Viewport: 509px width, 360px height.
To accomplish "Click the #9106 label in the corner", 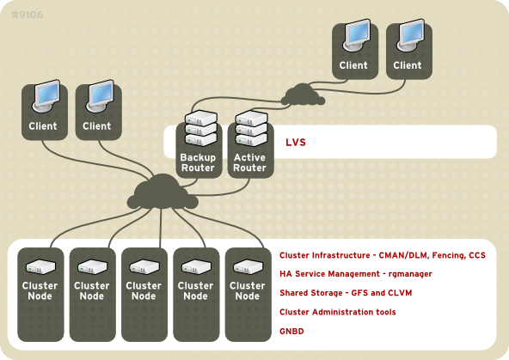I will pos(28,15).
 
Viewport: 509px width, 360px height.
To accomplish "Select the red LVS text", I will pos(296,142).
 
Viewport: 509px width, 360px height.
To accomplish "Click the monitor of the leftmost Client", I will pos(43,98).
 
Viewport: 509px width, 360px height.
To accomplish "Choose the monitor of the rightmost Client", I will pos(408,37).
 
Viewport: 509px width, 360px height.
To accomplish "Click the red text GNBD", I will pos(292,330).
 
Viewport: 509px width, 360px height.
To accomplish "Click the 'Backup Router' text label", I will pos(198,162).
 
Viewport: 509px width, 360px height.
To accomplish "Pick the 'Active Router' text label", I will pos(249,162).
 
